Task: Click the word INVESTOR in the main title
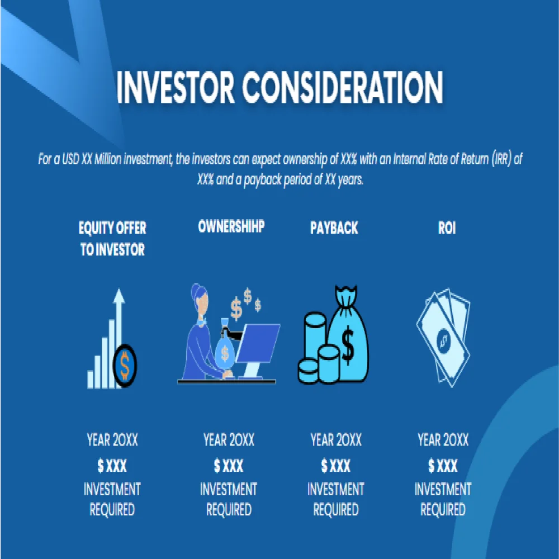174,87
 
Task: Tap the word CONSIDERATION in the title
343,87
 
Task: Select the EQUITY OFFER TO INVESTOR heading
112,239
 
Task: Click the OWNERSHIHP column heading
231,226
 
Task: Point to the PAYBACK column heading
334,228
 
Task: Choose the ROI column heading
447,228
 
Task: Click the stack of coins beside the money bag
314,349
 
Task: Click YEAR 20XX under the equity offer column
112,440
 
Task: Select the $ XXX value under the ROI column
443,465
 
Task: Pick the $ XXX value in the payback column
335,465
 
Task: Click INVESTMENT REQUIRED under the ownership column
228,500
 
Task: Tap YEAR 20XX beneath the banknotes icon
443,440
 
